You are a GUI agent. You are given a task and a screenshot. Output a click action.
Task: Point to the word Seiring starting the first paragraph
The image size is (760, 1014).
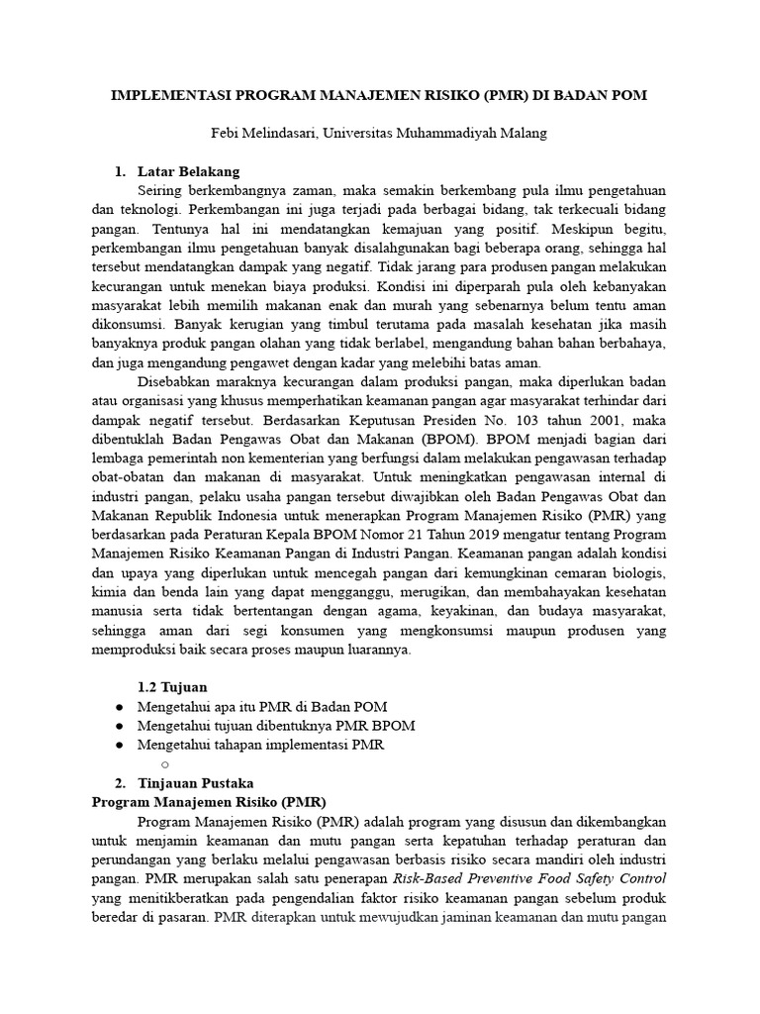[x=164, y=190]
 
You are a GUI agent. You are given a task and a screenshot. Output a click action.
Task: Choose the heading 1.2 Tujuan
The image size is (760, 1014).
[x=172, y=686]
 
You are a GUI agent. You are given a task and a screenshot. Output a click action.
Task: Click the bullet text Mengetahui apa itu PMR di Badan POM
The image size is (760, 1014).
[x=262, y=706]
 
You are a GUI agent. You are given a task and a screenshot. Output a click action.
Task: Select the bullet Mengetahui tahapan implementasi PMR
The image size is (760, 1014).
[x=260, y=744]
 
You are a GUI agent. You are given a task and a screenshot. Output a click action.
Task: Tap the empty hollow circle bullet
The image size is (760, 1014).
[x=164, y=762]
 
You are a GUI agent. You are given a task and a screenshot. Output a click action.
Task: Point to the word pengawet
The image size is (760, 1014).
[x=293, y=362]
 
